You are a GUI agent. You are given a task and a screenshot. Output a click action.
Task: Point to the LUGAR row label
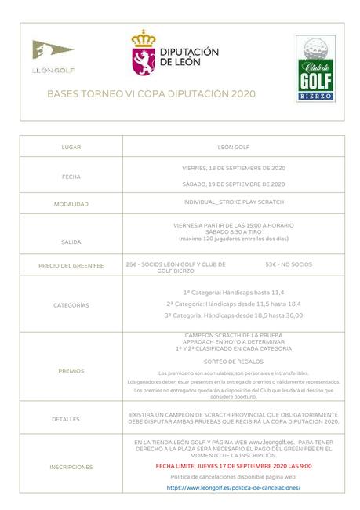[71, 147]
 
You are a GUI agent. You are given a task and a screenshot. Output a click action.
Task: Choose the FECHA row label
[71, 177]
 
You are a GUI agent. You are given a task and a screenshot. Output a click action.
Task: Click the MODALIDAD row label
[71, 204]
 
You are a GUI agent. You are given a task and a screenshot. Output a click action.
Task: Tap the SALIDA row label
[71, 242]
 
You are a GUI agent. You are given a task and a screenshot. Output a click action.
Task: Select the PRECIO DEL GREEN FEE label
[71, 266]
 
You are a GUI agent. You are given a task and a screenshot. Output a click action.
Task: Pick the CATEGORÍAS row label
[71, 304]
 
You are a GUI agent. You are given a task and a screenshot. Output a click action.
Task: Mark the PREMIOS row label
[71, 370]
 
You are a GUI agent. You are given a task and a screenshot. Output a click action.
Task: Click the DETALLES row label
[71, 418]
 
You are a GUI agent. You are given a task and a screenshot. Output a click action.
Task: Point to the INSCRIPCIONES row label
[71, 467]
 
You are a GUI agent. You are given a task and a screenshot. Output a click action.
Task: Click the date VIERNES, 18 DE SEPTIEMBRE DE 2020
[233, 169]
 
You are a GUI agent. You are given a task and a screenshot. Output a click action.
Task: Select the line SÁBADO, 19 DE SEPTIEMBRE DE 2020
[233, 184]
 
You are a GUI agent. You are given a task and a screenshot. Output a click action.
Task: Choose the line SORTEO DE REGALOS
[233, 362]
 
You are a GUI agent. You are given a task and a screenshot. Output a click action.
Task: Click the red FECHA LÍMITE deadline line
[233, 465]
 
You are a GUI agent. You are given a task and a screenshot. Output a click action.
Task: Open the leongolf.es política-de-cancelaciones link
[233, 486]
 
